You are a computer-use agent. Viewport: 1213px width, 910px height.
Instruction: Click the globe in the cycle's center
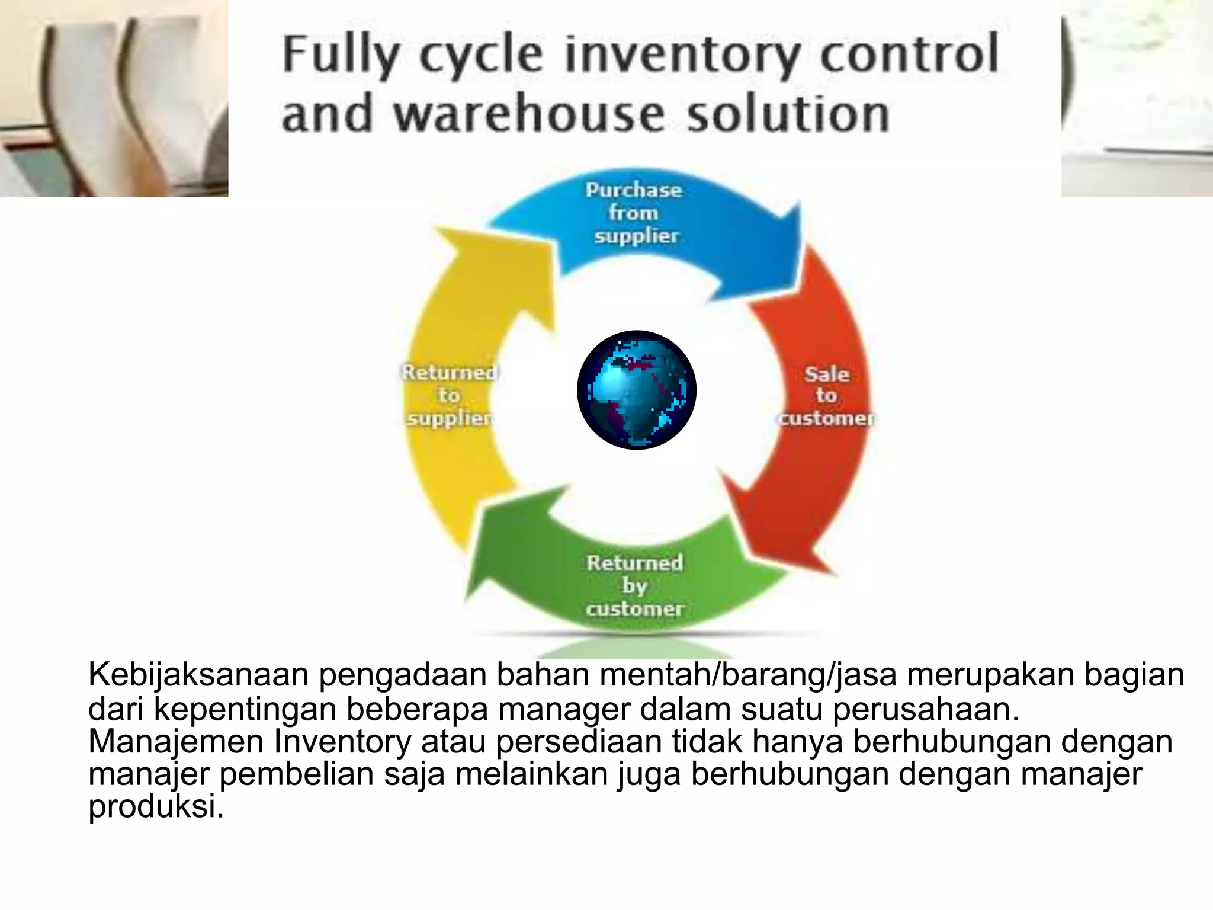pos(637,390)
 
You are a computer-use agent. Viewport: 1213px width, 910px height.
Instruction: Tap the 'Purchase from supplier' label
pos(634,213)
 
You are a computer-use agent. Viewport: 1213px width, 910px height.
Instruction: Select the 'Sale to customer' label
pos(826,395)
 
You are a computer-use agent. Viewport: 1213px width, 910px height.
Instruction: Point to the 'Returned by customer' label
pos(634,585)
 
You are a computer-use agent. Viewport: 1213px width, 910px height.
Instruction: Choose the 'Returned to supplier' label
pos(450,395)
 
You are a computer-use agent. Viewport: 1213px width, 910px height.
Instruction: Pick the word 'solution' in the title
pos(788,114)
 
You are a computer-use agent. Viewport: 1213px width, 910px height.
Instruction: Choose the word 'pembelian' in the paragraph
pos(296,774)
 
